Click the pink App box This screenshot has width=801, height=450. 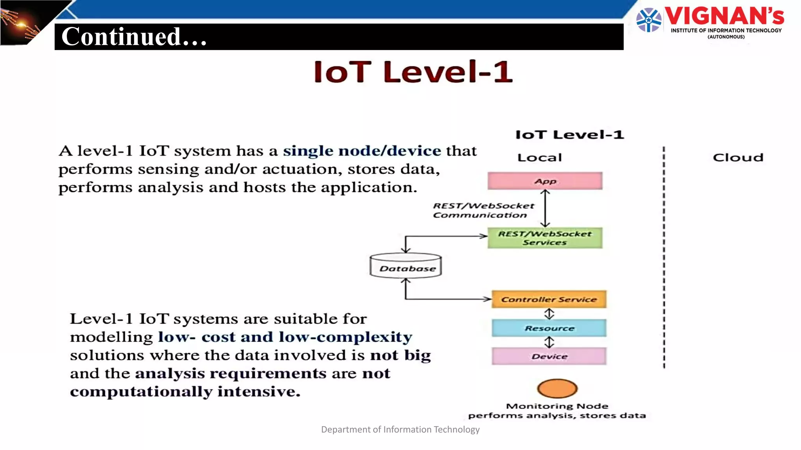pos(545,181)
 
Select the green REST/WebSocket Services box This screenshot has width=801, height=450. pos(545,238)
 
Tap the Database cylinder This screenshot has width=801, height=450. pos(406,266)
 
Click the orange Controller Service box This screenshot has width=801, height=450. pos(549,299)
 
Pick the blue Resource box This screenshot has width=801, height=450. pos(549,328)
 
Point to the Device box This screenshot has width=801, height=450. pos(549,356)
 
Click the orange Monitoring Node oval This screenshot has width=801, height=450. pos(557,388)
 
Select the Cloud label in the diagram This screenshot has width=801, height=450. pos(738,157)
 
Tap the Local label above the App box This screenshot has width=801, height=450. pos(539,157)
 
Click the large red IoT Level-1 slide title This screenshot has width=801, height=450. pos(413,72)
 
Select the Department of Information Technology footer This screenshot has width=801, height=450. pos(400,429)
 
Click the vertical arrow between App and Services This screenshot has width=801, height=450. pos(545,209)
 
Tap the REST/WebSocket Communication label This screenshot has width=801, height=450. pos(483,210)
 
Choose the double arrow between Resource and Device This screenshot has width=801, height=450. pos(549,342)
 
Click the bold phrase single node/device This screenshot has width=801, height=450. pos(362,151)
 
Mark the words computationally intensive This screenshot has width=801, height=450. pos(185,391)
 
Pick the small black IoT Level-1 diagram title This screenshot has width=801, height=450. pos(569,135)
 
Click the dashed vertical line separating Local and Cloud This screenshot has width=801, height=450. pos(664,258)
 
